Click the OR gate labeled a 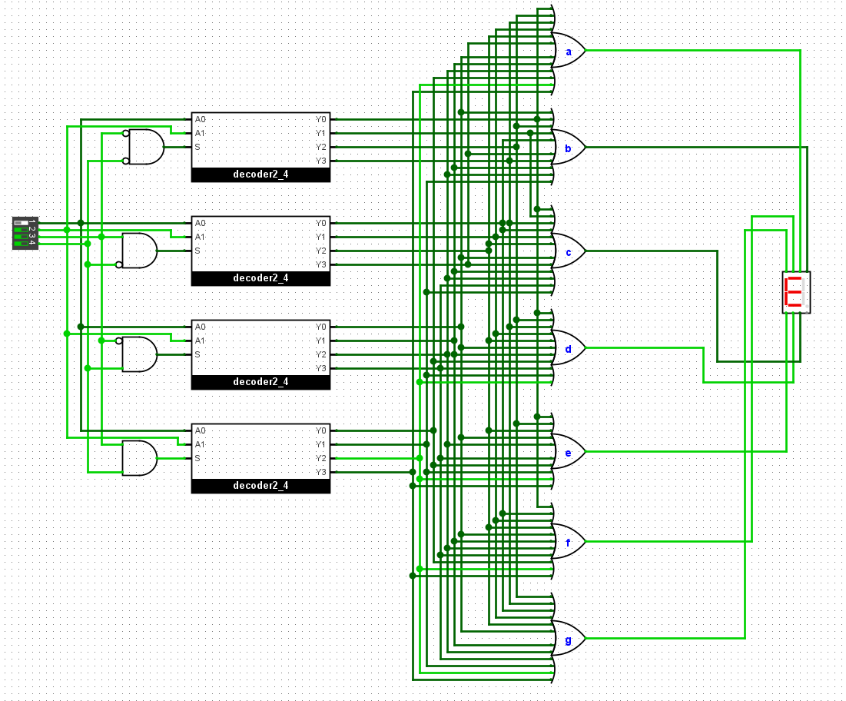coord(569,50)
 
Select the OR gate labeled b coord(569,147)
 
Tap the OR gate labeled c coord(569,251)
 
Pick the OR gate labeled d coord(569,348)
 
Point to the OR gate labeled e coord(569,452)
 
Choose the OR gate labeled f coord(569,541)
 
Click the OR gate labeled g coord(569,639)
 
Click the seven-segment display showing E coord(796,292)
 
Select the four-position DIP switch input coord(25,233)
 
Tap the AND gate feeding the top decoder coord(144,147)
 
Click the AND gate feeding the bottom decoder coord(140,458)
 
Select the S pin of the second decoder coord(197,251)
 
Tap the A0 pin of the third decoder coord(201,327)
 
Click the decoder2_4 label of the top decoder coord(260,174)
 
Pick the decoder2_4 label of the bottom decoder coord(260,486)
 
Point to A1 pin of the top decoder coord(201,133)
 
